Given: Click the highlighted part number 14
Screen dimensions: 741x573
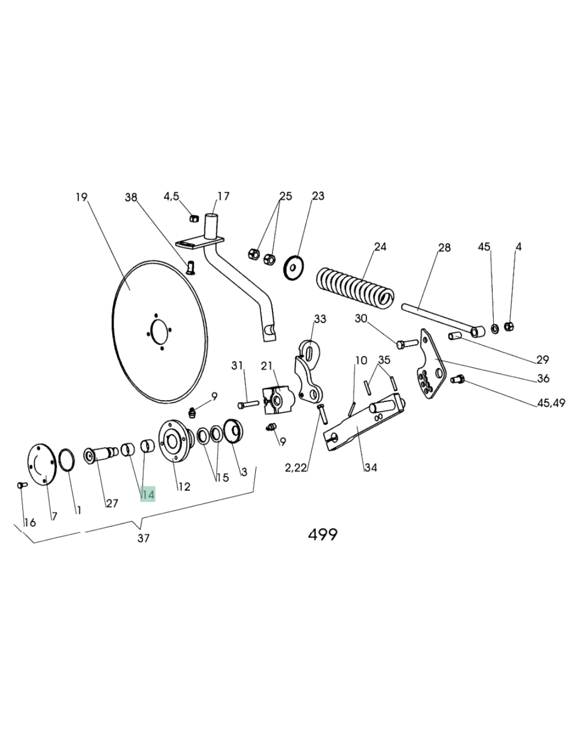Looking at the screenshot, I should click(148, 495).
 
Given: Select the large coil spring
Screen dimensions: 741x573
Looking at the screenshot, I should click(354, 287).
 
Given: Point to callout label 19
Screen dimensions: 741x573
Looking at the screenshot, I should click(81, 197).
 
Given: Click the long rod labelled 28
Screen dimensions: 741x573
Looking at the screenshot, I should click(438, 318).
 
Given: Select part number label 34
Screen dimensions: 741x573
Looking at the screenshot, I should click(370, 467).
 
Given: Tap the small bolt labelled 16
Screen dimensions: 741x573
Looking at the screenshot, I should click(21, 485).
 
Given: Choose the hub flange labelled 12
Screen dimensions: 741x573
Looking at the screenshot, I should click(173, 442).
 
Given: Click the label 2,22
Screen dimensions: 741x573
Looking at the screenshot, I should click(296, 467).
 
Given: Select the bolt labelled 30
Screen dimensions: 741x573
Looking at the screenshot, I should click(407, 343).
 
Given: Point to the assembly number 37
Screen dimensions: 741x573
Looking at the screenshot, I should click(144, 538).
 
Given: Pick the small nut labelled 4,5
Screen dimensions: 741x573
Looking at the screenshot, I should click(193, 218).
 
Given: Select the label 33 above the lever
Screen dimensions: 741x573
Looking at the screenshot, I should click(320, 318).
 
